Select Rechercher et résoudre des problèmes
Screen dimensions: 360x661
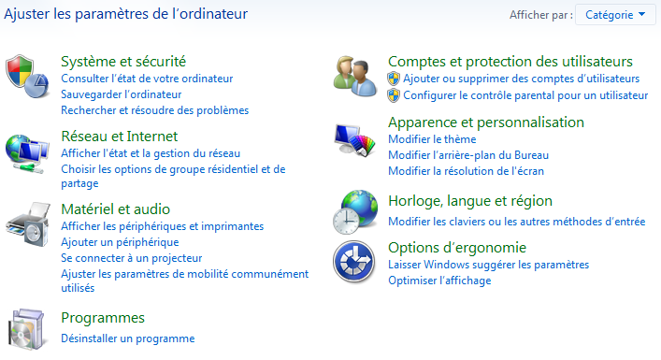click(154, 110)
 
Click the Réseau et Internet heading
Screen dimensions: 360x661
click(118, 137)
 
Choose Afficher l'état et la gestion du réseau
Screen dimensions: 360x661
click(151, 153)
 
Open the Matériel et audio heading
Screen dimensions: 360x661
click(115, 209)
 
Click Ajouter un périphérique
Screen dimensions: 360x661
click(120, 242)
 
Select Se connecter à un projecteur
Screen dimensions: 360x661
click(131, 257)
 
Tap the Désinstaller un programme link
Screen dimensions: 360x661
click(127, 338)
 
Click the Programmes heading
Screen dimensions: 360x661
click(102, 318)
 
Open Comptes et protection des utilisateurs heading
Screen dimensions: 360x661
click(510, 62)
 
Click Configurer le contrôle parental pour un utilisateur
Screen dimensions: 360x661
click(525, 95)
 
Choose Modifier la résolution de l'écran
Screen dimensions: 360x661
click(466, 171)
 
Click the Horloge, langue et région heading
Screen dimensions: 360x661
click(470, 201)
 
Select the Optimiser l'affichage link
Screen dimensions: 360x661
click(439, 281)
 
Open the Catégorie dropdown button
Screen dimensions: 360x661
click(617, 15)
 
